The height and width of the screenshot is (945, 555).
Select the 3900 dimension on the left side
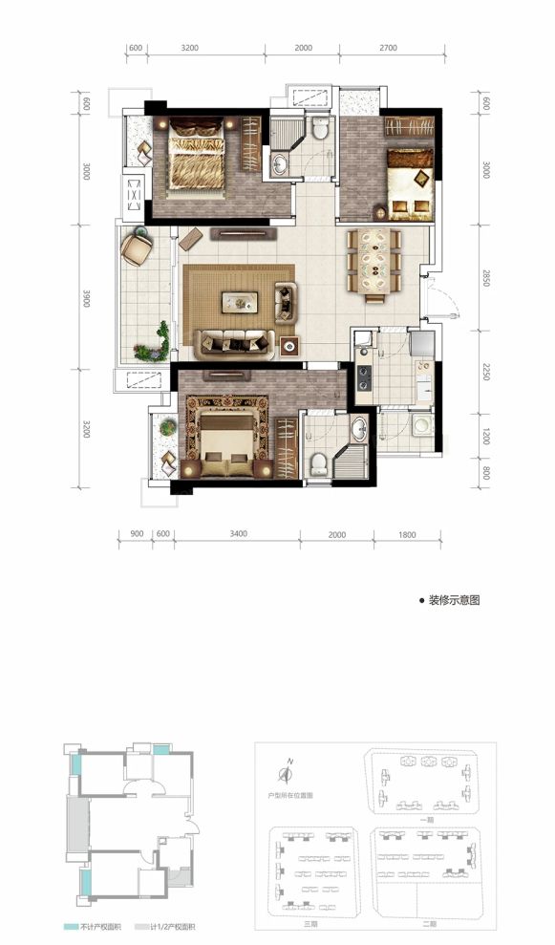86,299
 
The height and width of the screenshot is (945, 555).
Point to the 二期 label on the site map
427,924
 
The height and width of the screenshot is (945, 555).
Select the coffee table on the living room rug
239,302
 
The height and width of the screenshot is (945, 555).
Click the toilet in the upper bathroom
319,128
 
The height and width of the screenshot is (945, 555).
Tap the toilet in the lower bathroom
319,463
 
